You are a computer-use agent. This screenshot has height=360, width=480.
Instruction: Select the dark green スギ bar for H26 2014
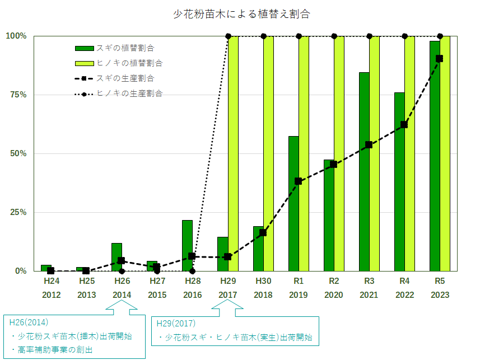[x=116, y=257]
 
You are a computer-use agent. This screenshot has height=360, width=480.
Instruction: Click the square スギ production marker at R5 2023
[x=439, y=58]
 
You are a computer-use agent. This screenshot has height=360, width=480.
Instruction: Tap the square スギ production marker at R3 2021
[x=369, y=144]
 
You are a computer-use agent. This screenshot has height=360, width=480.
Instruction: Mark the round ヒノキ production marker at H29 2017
[x=228, y=36]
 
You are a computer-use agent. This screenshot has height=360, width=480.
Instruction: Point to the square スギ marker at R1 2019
[x=298, y=181]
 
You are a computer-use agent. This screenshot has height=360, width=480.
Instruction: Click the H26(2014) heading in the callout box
[x=29, y=322]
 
